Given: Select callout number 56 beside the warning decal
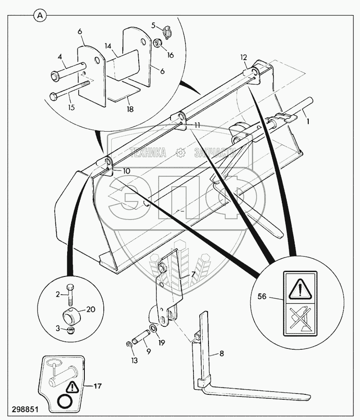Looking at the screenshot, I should (x=262, y=297).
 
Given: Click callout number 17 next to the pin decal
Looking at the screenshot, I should (x=97, y=386).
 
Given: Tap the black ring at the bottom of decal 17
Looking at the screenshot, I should (x=64, y=402).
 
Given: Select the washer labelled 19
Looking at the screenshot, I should (x=152, y=329).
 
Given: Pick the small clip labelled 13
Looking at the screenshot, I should (x=127, y=346).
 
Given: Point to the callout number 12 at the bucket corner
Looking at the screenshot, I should (x=243, y=57).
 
